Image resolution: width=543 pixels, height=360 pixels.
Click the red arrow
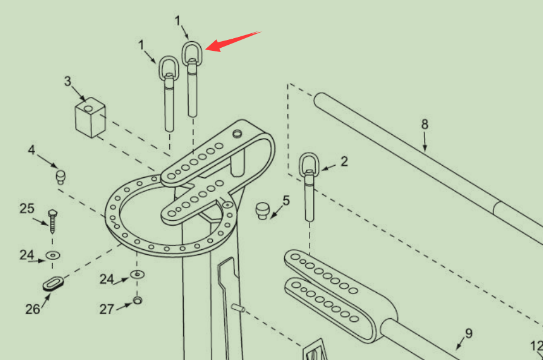click(233, 41)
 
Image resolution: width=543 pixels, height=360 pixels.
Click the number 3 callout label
click(68, 81)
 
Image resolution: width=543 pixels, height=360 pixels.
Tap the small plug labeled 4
click(60, 177)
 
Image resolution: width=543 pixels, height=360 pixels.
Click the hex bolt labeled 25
click(53, 223)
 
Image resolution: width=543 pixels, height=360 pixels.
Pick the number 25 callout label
click(27, 209)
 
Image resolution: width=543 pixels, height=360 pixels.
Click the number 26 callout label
click(33, 309)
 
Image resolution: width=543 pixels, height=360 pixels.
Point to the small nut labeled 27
click(137, 301)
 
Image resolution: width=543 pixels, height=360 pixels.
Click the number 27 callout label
click(107, 309)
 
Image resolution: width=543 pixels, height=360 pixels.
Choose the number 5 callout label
click(286, 200)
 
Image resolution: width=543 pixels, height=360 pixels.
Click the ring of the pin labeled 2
click(309, 164)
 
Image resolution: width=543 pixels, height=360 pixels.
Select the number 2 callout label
click(344, 161)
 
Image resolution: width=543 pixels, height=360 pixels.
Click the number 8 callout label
click(424, 124)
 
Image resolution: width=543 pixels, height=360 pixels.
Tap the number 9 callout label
click(468, 333)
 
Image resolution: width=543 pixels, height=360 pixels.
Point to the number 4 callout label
click(31, 149)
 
